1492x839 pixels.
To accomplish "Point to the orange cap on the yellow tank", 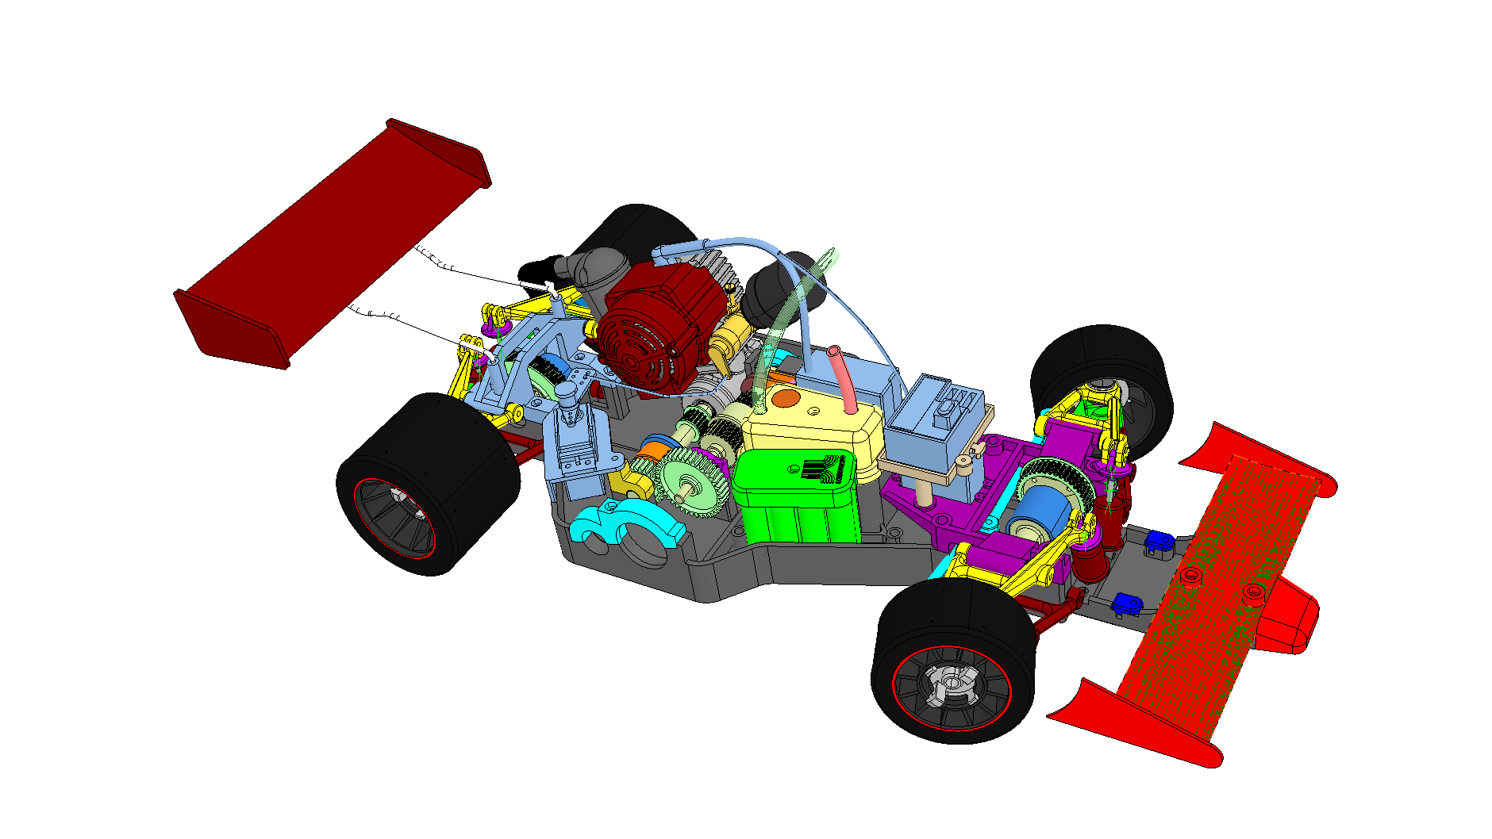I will [785, 399].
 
